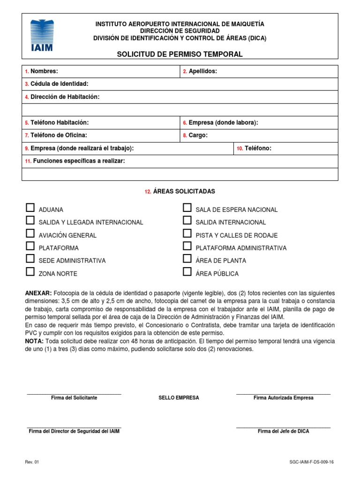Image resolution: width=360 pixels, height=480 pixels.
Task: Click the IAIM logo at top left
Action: (42, 35)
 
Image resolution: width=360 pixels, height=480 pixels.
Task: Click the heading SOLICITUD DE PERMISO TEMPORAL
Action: (180, 54)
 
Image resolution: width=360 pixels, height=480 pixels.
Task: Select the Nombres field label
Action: (44, 71)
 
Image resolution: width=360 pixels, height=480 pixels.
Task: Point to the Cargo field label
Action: (198, 135)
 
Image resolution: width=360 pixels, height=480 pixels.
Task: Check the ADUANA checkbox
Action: (30, 208)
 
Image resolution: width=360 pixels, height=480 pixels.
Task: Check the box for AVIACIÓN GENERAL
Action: (30, 233)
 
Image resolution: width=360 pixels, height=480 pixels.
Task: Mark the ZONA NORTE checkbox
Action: (30, 271)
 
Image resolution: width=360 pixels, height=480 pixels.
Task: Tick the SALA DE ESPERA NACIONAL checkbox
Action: (187, 208)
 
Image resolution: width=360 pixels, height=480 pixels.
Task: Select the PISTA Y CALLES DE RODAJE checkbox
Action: (187, 233)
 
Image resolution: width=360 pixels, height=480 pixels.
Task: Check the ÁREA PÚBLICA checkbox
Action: (187, 271)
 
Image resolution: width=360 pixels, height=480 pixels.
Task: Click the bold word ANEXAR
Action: (38, 293)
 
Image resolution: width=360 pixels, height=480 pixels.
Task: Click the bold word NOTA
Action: (34, 341)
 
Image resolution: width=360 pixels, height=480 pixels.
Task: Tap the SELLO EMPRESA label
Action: (179, 397)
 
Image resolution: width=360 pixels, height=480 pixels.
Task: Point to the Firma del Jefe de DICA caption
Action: (283, 431)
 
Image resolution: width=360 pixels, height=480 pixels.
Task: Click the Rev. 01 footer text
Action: (32, 462)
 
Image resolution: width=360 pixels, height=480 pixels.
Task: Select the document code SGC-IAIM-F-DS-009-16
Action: (312, 462)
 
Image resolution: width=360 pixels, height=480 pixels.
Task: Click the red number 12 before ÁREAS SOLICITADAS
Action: (147, 192)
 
